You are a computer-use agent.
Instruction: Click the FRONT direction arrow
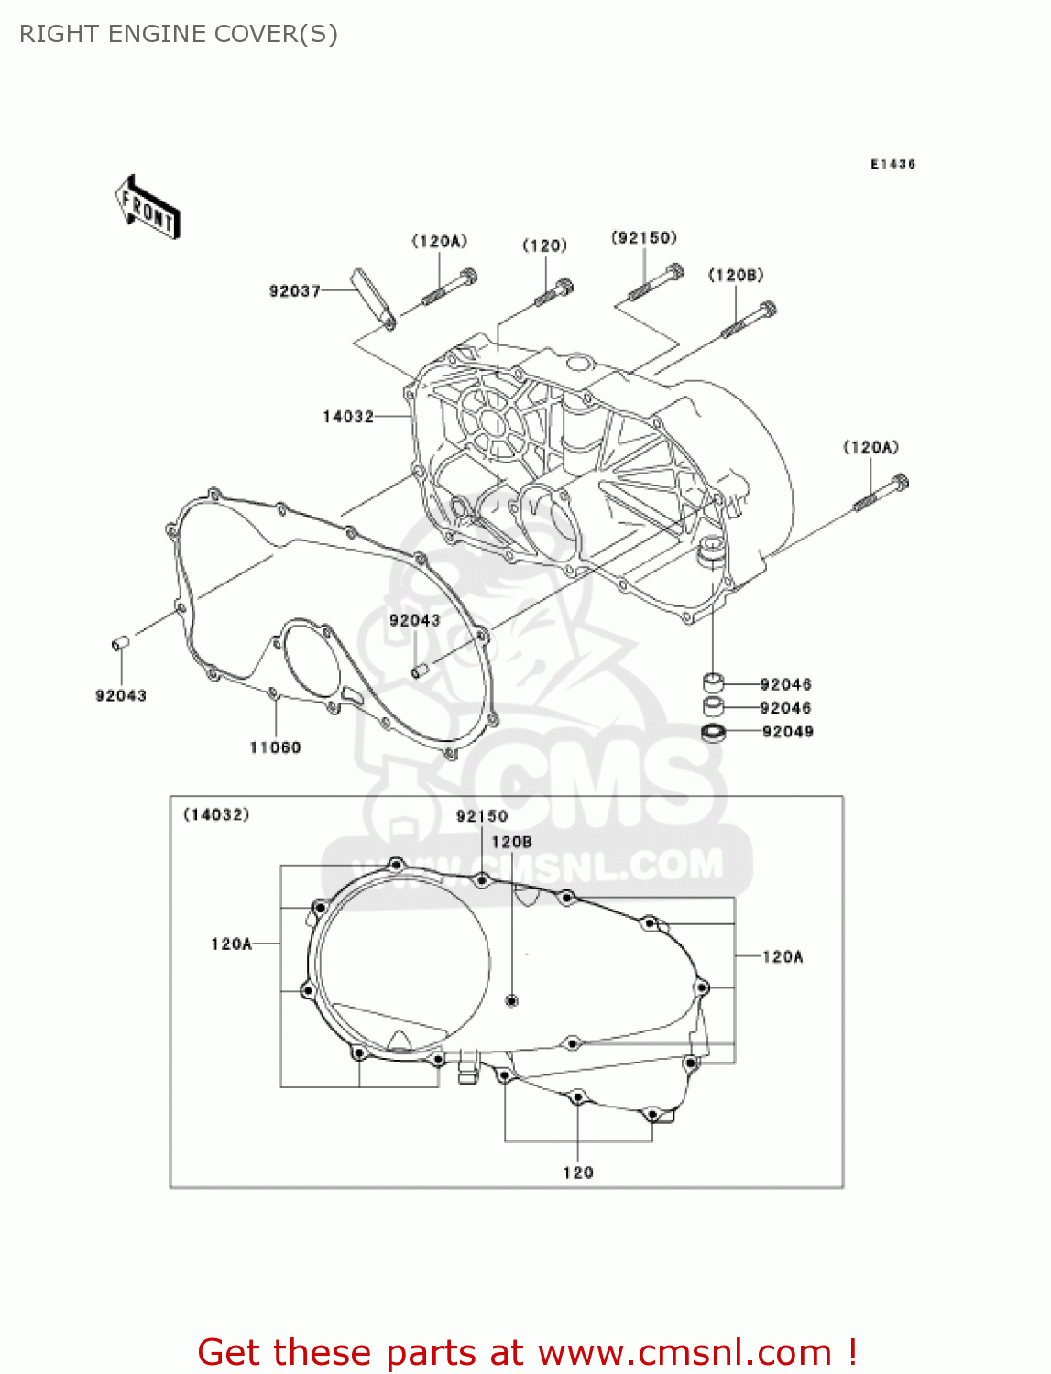[148, 208]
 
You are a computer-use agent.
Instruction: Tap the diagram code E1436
[892, 164]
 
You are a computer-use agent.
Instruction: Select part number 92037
[294, 291]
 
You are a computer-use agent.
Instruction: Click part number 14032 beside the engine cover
[348, 417]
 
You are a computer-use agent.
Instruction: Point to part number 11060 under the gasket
[275, 747]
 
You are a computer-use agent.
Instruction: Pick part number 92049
[788, 732]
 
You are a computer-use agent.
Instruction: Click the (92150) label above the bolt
[644, 238]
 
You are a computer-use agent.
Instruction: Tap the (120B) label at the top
[736, 276]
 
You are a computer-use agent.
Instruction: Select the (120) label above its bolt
[544, 245]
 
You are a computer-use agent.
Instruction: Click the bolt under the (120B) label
[749, 321]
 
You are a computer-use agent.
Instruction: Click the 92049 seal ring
[713, 733]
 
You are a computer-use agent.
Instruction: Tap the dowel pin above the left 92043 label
[120, 644]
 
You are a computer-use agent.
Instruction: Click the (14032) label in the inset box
[216, 814]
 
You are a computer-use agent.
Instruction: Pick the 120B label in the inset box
[511, 842]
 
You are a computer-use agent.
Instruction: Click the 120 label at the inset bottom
[578, 1172]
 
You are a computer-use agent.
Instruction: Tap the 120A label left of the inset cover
[231, 943]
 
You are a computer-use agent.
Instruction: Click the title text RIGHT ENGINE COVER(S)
[179, 34]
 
